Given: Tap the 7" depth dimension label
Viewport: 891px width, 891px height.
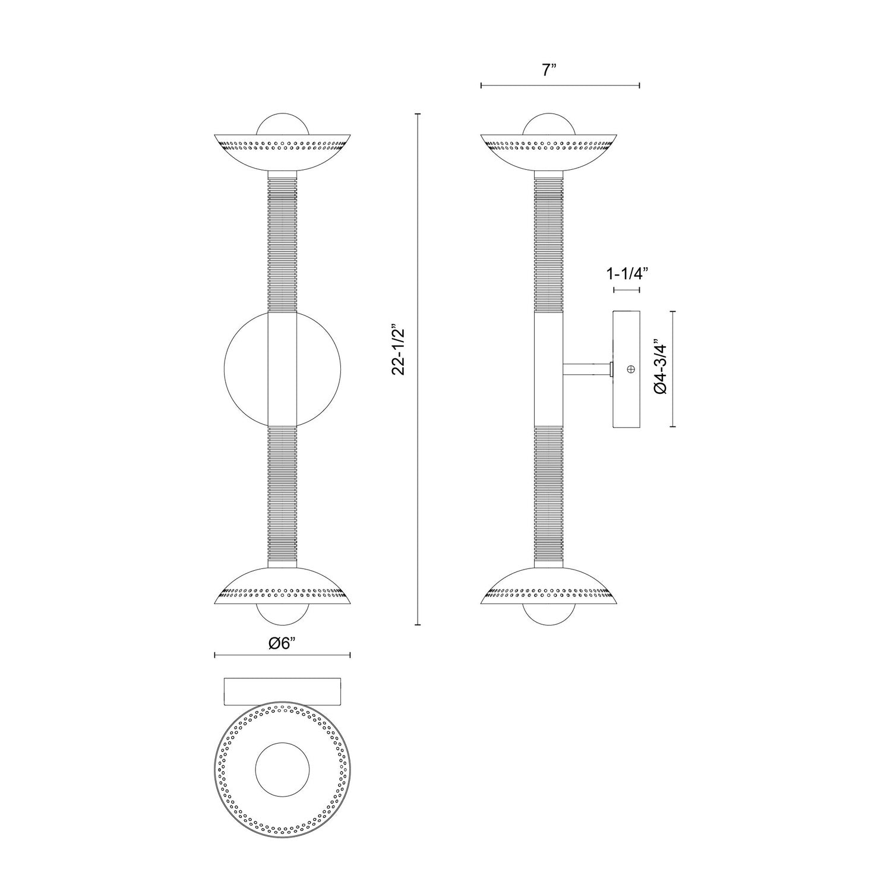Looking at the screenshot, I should click(548, 70).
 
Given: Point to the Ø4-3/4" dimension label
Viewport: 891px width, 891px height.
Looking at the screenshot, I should click(661, 366).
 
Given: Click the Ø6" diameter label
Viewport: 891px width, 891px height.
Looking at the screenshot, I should click(282, 644).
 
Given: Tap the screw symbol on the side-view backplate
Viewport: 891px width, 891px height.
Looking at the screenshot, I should click(631, 369).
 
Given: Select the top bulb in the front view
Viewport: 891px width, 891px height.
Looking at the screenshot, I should click(282, 125).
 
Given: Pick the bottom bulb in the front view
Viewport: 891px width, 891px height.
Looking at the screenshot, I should click(282, 614).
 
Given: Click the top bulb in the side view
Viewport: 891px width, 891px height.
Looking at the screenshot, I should click(549, 125).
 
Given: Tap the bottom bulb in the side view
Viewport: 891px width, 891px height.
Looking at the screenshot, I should click(549, 614).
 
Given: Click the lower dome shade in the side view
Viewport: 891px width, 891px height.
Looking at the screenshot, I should click(549, 584).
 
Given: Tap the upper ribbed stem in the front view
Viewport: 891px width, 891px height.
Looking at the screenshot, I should click(282, 244).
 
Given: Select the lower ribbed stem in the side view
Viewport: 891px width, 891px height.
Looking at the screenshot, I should click(549, 493).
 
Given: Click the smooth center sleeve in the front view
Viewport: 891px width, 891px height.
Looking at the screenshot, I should click(282, 368).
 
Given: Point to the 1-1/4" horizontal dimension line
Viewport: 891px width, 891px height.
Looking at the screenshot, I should click(627, 290).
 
